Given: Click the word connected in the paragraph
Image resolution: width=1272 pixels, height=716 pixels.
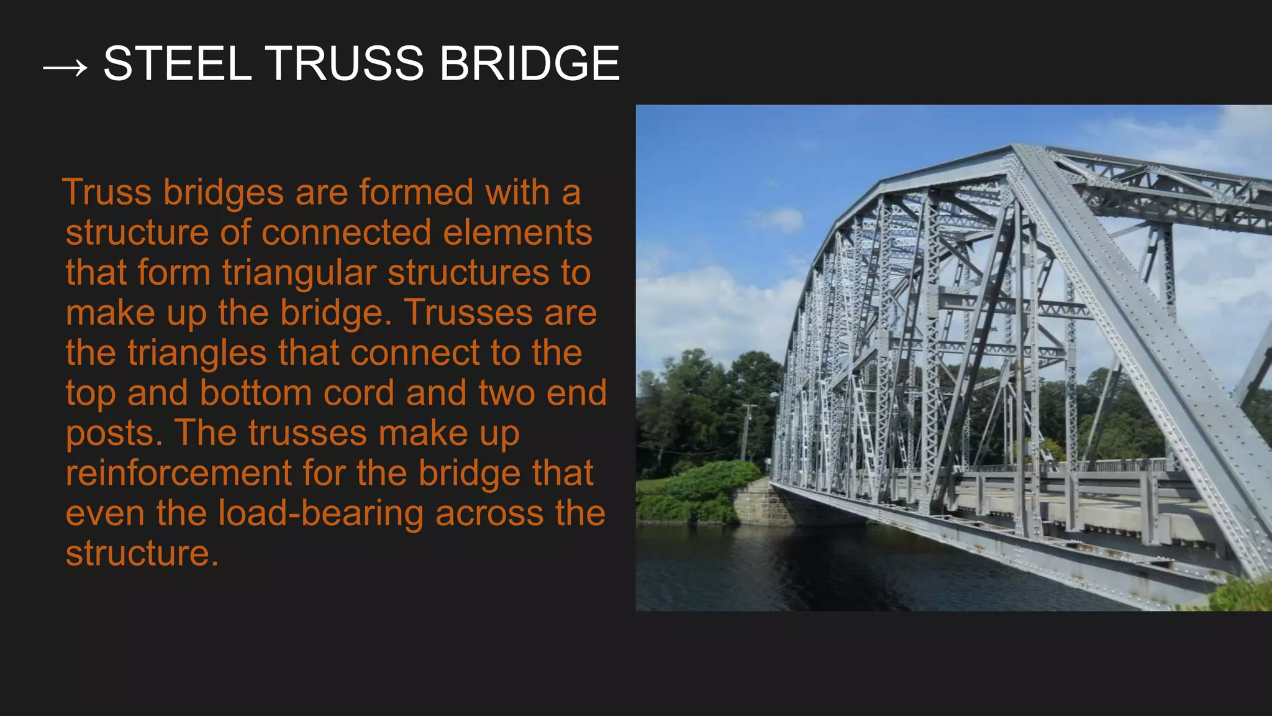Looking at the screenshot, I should click(346, 232).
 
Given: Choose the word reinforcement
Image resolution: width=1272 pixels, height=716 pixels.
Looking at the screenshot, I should click(178, 474).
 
